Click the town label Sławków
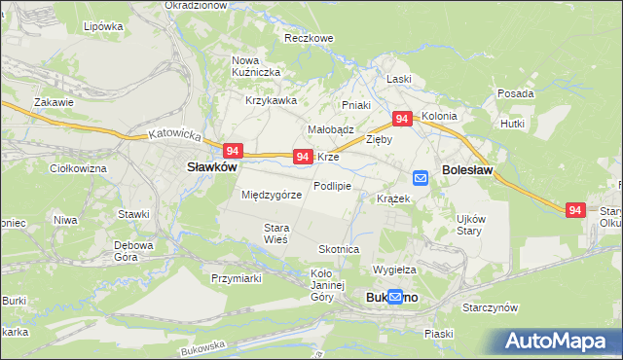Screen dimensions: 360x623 (x=211, y=166)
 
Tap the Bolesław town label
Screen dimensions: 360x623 (x=467, y=169)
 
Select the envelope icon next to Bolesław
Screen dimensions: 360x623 (x=421, y=177)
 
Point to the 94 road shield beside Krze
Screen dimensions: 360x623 (x=303, y=157)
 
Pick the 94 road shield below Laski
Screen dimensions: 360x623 (x=401, y=119)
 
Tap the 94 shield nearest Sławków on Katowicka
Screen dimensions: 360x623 (x=232, y=151)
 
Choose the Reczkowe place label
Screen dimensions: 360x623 (x=309, y=38)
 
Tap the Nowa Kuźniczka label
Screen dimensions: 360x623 (x=256, y=66)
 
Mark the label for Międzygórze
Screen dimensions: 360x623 (x=272, y=195)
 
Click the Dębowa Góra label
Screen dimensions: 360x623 (x=134, y=251)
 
